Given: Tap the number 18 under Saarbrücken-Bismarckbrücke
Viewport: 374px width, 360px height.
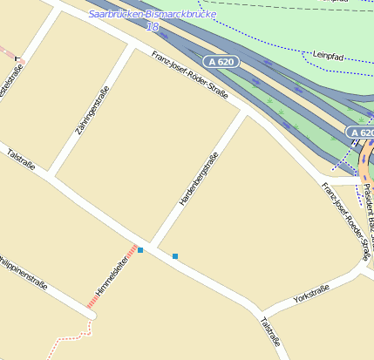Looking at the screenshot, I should click(x=153, y=27).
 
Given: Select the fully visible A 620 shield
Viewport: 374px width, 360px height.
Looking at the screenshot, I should click(x=221, y=62).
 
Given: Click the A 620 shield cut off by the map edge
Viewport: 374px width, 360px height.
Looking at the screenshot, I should click(x=361, y=132).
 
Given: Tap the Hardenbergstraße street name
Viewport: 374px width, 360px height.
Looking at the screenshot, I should click(x=198, y=179).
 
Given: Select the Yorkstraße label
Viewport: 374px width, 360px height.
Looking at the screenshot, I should click(x=311, y=294).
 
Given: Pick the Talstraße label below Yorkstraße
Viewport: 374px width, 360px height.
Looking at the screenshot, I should click(x=270, y=332).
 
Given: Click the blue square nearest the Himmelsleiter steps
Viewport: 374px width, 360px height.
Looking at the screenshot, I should click(x=140, y=250).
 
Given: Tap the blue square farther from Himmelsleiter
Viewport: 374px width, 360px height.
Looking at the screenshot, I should click(x=175, y=256).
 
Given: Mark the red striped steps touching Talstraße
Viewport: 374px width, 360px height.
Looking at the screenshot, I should click(x=132, y=249).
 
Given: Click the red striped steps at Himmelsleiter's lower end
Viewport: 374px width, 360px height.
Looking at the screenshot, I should click(x=92, y=302).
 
